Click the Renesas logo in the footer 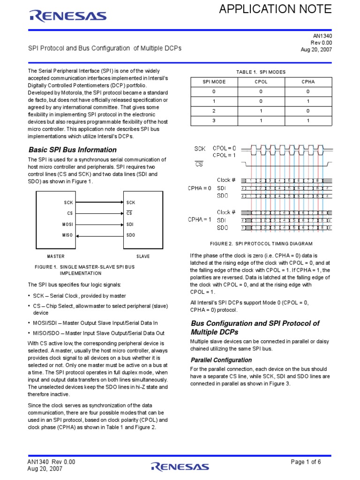point(180,466)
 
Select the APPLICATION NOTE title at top point(276,9)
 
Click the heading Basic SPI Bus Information point(73,150)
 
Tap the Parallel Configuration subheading point(221,360)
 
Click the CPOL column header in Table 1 point(261,82)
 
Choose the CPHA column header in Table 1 point(308,82)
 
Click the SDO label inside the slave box point(131,235)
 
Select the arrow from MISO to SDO point(98,235)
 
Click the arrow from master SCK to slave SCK point(98,202)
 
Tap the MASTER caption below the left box point(56,256)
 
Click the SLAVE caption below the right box point(143,256)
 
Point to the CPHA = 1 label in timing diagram point(200,219)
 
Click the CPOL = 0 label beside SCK point(225,148)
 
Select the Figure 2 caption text point(261,244)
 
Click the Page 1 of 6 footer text point(306,462)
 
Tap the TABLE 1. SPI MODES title point(261,72)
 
